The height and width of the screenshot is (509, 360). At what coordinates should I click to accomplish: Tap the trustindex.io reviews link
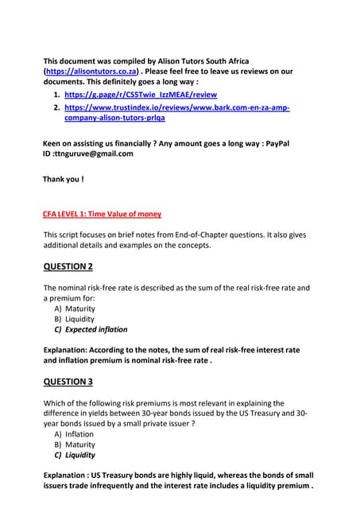point(176,107)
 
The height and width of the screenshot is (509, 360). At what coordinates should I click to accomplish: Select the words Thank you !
point(63,180)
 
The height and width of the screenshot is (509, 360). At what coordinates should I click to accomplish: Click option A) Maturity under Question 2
point(75,309)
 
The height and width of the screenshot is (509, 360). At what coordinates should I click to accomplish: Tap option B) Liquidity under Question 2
point(74,319)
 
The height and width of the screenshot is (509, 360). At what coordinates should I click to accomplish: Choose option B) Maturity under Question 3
point(75,445)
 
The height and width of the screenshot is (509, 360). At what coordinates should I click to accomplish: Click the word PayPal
point(275,143)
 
